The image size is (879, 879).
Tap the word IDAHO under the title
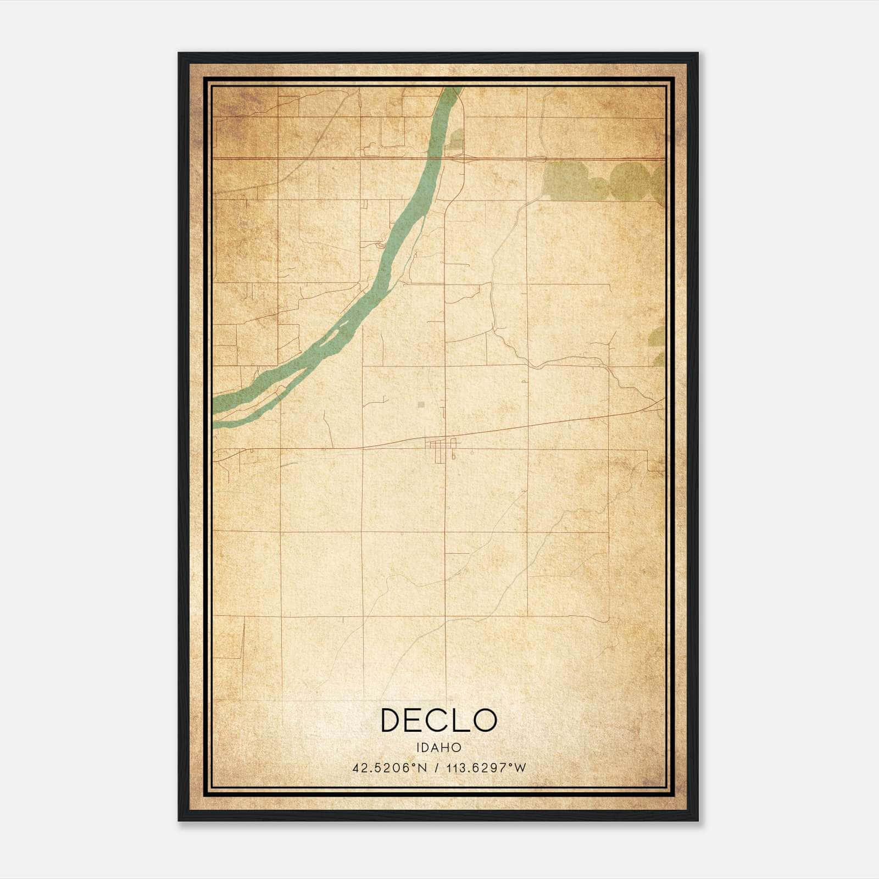439,748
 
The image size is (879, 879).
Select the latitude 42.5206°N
390,768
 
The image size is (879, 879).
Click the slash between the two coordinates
437,768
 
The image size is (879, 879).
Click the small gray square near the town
421,405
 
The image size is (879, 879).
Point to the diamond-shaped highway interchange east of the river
457,159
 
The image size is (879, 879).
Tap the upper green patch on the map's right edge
657,336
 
